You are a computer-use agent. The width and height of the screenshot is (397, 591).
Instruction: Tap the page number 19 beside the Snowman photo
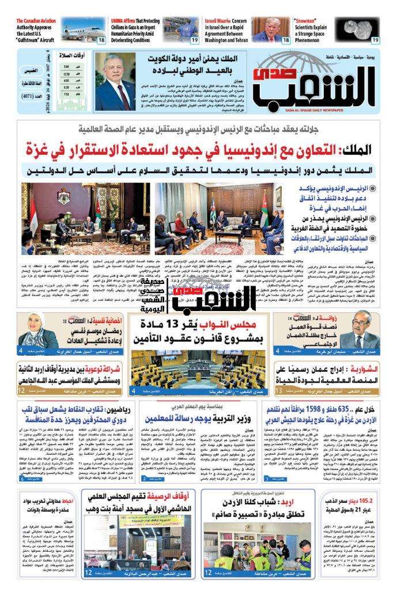click(x=376, y=40)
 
